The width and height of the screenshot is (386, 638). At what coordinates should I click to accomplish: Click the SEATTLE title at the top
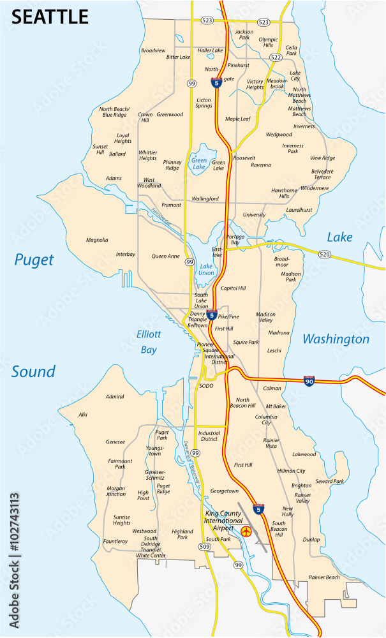tap(50, 17)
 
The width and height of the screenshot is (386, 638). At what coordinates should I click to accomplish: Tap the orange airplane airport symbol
tap(247, 530)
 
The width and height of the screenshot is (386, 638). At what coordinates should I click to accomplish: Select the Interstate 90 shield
tap(308, 381)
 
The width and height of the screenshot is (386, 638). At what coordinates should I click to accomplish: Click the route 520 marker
tap(325, 255)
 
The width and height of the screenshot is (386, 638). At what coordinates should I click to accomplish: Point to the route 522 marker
tap(276, 57)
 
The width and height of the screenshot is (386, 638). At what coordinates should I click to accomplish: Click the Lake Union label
tap(206, 269)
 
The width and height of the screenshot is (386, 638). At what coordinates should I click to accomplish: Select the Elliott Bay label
tap(149, 341)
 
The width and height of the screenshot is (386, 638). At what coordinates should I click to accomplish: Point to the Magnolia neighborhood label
tap(97, 240)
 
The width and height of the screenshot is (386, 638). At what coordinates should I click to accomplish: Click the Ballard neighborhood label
tap(117, 154)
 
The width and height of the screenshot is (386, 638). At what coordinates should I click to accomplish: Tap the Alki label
tap(83, 415)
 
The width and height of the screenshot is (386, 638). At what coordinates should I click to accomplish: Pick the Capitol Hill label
tap(233, 288)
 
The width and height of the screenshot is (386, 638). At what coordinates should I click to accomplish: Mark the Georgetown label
tap(224, 491)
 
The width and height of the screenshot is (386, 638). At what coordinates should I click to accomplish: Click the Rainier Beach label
tap(324, 577)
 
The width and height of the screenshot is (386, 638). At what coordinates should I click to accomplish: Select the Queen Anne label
tap(165, 256)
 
